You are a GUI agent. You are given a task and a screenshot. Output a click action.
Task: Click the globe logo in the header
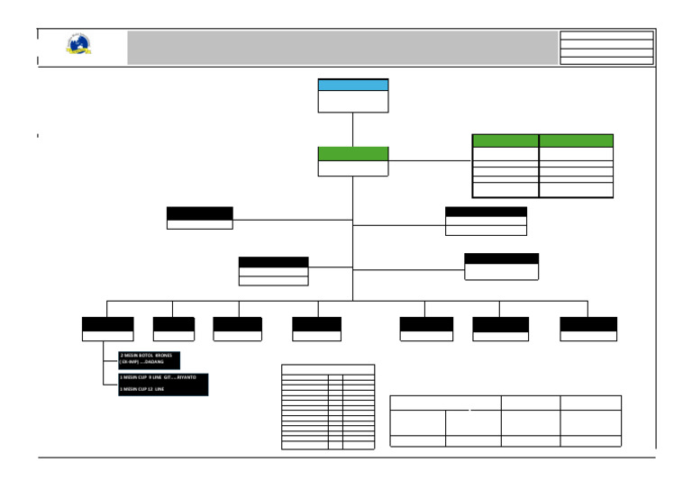coord(78,45)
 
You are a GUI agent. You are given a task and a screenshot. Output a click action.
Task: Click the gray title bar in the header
coord(342,48)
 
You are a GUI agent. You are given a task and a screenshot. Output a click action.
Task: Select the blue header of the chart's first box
coord(353,85)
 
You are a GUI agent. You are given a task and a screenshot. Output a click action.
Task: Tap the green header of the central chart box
coord(353,153)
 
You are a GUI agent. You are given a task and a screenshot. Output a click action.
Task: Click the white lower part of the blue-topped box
coord(353,101)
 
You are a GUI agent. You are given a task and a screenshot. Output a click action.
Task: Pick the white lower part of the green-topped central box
coord(353,168)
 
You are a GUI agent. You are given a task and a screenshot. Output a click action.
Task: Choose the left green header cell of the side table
coord(505,140)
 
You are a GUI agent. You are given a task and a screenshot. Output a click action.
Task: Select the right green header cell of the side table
coord(576,140)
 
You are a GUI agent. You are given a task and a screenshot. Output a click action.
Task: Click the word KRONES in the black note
coord(163,356)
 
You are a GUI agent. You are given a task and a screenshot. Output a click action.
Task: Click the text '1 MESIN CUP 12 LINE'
coord(142,389)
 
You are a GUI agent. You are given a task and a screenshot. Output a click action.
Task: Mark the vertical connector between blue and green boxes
coord(353,129)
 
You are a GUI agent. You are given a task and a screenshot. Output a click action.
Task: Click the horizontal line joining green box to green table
coord(430,160)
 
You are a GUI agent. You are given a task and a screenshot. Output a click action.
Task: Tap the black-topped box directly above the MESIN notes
coord(107,329)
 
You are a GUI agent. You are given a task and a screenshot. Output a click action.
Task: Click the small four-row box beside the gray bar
coord(606,48)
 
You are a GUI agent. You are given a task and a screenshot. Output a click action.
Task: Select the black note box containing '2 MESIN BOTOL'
coord(163,358)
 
